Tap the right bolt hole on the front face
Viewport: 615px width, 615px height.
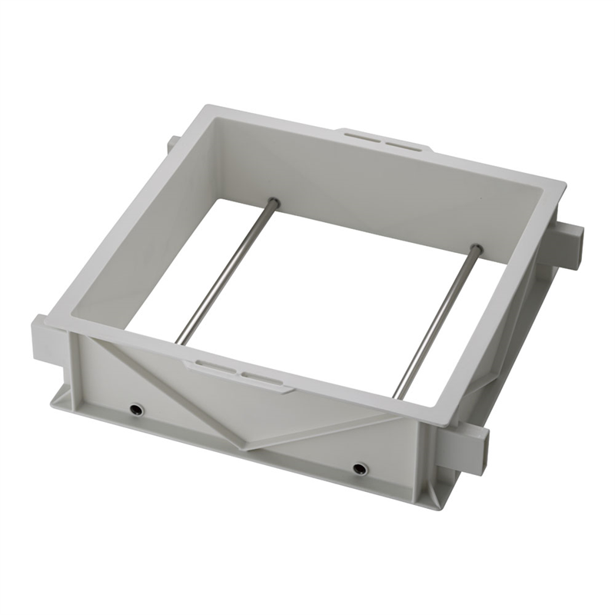pyautogui.click(x=359, y=467)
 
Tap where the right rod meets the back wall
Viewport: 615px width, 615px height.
pyautogui.click(x=477, y=248)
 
